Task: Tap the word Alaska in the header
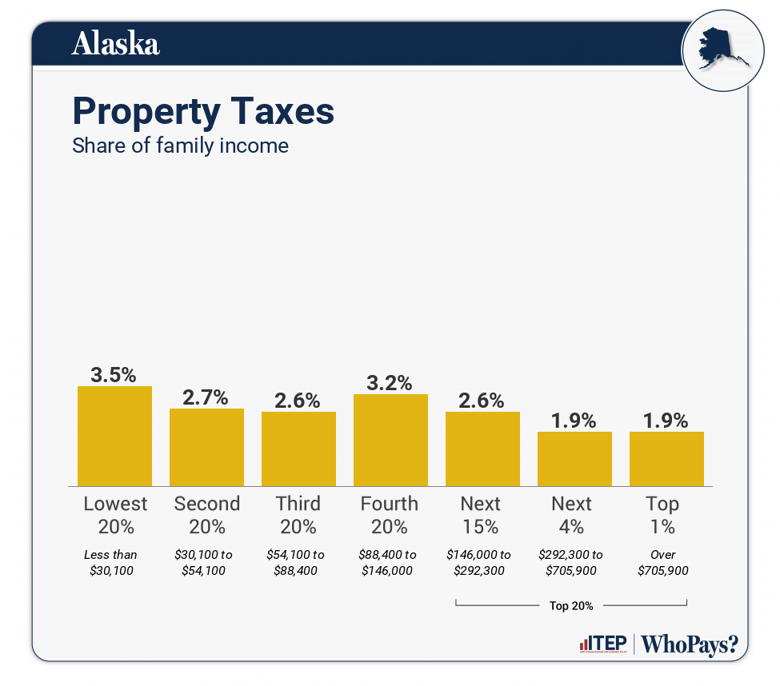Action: point(115,44)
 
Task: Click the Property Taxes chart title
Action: point(203,111)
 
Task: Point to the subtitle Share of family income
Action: point(180,146)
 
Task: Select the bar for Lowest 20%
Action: point(114,436)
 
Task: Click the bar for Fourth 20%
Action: point(390,440)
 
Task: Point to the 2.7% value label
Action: point(206,397)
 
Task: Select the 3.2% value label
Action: point(390,383)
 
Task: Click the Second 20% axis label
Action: point(206,515)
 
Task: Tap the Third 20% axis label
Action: point(298,515)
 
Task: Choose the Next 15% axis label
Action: point(481,515)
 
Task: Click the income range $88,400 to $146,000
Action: point(389,562)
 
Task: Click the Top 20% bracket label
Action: point(571,605)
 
